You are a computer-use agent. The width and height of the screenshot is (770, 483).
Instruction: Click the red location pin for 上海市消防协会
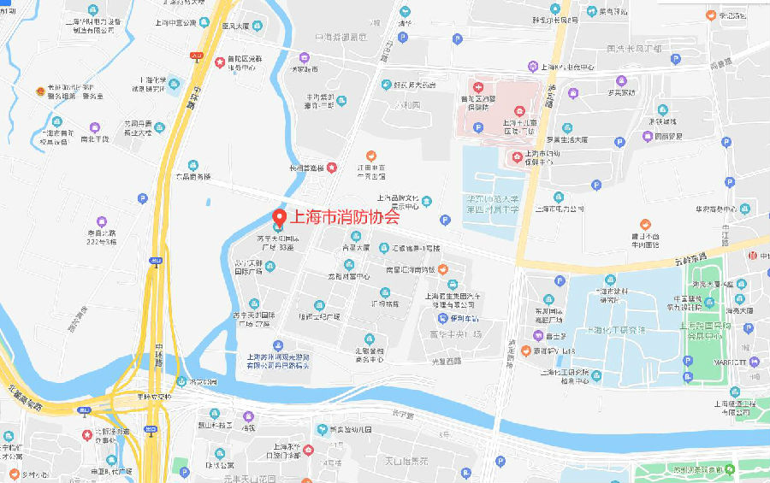(x=278, y=217)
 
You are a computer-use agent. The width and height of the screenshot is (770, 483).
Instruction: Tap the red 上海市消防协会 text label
(x=346, y=217)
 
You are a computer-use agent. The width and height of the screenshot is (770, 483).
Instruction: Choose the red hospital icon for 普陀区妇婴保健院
(x=479, y=88)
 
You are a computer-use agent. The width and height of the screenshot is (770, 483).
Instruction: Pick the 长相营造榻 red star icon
(x=332, y=168)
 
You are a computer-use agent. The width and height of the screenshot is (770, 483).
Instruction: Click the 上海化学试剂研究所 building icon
(x=175, y=84)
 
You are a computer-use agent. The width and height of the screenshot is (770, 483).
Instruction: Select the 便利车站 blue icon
(x=432, y=318)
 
